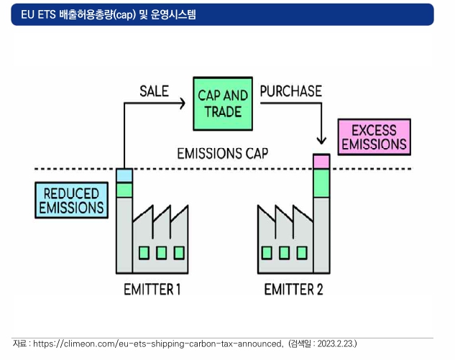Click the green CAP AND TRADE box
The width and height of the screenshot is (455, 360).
223,103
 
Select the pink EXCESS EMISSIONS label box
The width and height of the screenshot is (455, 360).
374,137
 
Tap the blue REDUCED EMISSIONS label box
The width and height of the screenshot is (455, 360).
71,200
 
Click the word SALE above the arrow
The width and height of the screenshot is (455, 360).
154,91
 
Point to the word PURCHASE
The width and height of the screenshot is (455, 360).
291,91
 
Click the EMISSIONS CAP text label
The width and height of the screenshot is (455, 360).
223,153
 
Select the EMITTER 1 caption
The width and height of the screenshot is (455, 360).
152,289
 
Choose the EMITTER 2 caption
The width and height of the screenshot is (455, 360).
293,289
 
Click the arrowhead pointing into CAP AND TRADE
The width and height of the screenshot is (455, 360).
183,103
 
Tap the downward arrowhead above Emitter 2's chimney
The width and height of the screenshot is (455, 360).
321,140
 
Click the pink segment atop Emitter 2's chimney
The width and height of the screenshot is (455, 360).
321,161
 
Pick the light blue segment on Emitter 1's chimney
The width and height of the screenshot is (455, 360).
124,175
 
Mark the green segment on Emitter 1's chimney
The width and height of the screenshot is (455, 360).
124,190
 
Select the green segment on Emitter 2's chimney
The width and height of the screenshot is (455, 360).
321,183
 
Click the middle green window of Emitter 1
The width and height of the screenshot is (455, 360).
161,253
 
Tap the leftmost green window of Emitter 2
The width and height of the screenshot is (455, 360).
267,253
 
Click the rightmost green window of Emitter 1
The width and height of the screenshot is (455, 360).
179,253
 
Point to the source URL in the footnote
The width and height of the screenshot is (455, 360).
157,343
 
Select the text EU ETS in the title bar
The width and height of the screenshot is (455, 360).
38,14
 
